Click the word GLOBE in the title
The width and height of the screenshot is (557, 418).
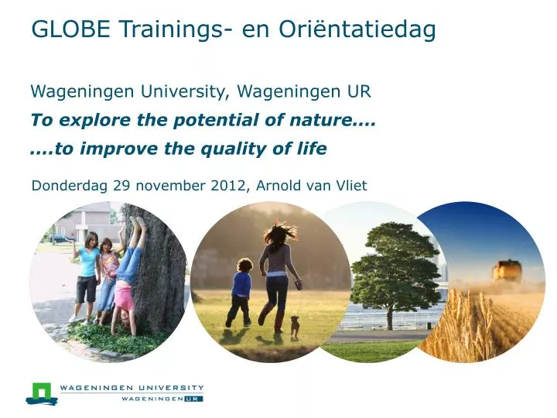pos(70,29)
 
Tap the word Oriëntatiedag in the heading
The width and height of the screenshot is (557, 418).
pos(357,29)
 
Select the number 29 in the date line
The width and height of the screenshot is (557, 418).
pos(121,186)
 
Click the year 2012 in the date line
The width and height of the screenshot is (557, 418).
pos(227,186)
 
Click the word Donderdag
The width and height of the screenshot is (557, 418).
pos(70,187)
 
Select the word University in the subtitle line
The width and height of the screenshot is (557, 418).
pos(182,92)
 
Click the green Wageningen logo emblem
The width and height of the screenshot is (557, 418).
pos(42,393)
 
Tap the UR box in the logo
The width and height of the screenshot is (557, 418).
pos(193,399)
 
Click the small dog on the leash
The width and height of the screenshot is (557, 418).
pos(295,325)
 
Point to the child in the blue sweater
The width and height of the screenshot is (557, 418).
pos(240,292)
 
